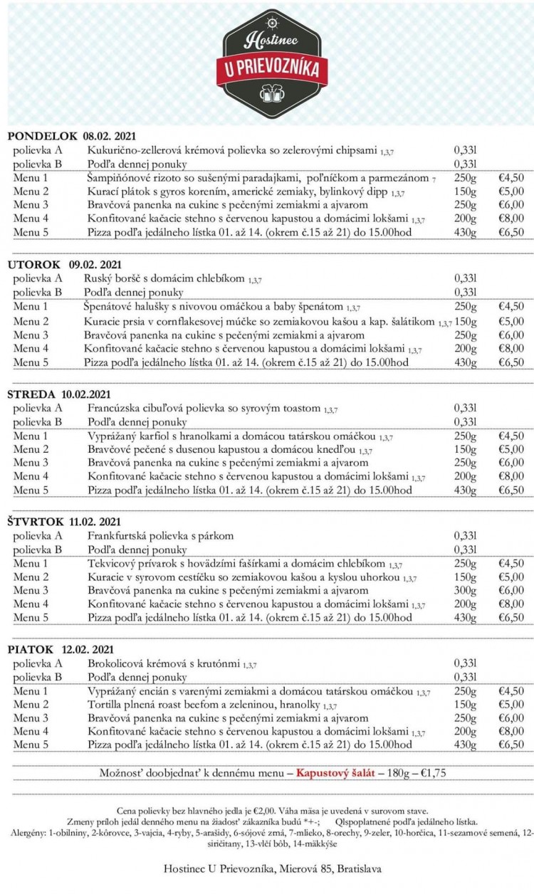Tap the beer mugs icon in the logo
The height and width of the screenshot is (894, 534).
[273, 93]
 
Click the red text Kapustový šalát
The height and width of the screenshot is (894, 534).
[335, 772]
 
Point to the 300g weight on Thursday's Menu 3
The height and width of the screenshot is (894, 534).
[465, 590]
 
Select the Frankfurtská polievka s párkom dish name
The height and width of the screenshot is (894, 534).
[160, 535]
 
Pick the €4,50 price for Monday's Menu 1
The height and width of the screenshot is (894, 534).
[511, 177]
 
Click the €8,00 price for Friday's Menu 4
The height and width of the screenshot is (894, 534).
[511, 731]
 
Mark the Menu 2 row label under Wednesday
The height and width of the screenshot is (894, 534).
[31, 449]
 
